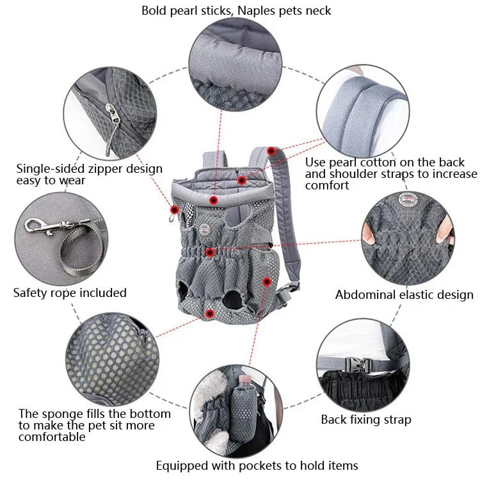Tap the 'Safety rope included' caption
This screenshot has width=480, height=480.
tap(70, 292)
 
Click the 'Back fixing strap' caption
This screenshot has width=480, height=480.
tap(365, 420)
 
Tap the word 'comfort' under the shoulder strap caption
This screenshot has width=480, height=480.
tap(327, 186)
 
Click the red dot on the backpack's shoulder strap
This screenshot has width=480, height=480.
tap(271, 152)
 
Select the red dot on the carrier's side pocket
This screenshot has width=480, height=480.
tap(267, 281)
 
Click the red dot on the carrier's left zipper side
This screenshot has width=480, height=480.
tap(173, 209)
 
